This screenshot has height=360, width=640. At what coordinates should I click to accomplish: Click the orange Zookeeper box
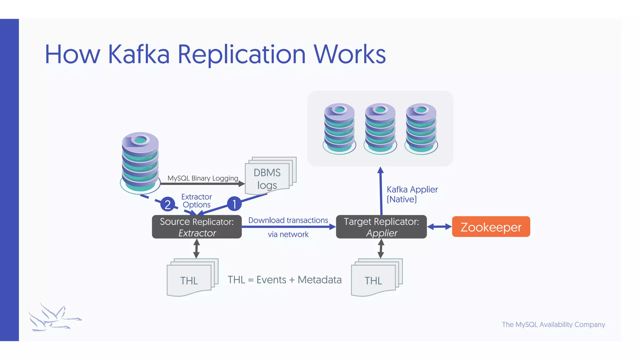coord(491,227)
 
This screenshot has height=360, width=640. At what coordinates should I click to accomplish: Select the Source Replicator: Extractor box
coord(197,227)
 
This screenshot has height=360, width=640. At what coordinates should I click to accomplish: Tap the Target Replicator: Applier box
coord(381,227)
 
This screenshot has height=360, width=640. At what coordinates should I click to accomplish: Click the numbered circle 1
coord(234,204)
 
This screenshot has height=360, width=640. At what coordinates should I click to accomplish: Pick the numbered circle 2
coord(167,204)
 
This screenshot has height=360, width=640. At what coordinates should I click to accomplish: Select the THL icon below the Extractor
coord(191,278)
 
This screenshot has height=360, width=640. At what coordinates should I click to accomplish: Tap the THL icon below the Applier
coord(376,278)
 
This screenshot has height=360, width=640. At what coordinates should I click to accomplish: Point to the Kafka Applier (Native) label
coord(412,194)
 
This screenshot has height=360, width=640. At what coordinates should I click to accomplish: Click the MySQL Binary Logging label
coord(202,178)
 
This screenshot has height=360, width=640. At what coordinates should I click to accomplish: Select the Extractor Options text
coord(197,201)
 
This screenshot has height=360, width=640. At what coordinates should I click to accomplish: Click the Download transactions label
coord(288,220)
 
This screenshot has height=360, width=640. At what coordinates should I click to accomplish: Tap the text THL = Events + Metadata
coord(284,280)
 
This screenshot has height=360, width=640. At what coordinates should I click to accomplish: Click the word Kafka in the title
coord(139,54)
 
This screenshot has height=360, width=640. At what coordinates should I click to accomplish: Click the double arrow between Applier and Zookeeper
coord(439,227)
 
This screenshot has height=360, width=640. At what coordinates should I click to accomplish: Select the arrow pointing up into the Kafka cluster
coord(381,191)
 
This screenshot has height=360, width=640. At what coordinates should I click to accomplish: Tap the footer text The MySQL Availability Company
coord(553,324)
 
